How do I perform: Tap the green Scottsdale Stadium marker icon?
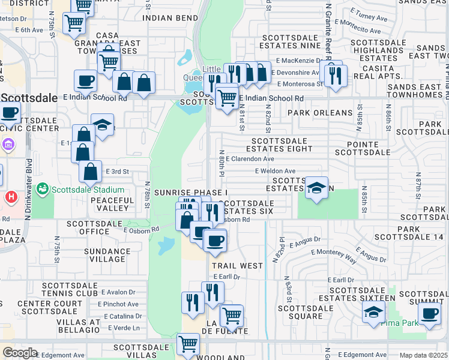tap(43, 189)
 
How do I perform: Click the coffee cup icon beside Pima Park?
tap(429, 313)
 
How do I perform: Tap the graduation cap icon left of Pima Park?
tap(373, 312)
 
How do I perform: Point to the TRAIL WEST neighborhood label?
tap(237, 265)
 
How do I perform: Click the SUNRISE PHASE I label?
tap(191, 192)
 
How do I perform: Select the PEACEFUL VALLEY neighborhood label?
tap(113, 204)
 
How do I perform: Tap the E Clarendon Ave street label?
tap(250, 159)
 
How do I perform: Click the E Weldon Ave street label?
tap(275, 171)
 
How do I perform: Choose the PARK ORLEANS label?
tap(320, 112)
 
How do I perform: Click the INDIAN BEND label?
tap(170, 18)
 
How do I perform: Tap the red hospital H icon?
tap(10, 197)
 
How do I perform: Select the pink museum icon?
tap(8, 145)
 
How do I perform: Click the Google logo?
tap(20, 353)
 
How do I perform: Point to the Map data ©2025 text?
tap(423, 355)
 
